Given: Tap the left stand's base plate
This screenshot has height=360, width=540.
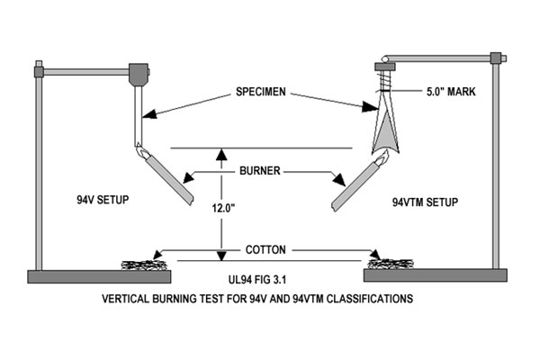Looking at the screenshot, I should [x=99, y=275].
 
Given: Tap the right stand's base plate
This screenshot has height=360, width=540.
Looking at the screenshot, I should [x=436, y=275].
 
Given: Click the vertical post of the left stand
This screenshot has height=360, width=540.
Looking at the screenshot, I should [x=38, y=171].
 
